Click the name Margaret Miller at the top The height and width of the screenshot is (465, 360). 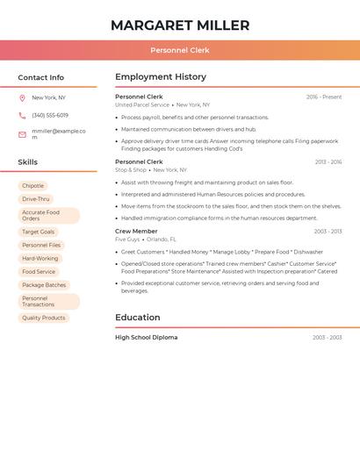coord(180,25)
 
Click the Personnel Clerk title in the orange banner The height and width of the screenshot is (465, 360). coord(180,51)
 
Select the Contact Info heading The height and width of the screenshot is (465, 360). coord(40,77)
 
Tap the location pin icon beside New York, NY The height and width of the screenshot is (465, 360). coord(22,98)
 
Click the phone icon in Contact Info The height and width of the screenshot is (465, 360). coord(22,116)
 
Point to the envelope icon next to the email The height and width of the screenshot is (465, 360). coord(22,134)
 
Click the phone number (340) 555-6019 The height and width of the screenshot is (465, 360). coord(50,116)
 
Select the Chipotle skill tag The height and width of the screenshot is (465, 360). coord(32,186)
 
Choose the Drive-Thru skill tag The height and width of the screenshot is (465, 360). coord(35,199)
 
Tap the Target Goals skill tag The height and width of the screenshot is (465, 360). coord(38,232)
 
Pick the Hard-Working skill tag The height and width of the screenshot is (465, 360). coord(40,259)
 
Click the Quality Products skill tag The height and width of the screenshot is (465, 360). coord(43,318)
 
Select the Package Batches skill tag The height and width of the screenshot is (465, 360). coord(44,285)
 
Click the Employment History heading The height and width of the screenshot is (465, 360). coord(161,77)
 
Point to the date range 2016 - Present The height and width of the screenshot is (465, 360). coord(324,97)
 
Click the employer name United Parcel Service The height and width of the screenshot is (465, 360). coord(141,104)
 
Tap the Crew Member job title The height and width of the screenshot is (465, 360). coord(136,232)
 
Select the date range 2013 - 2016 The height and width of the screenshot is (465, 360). coord(328,162)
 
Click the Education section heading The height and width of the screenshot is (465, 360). coord(138,318)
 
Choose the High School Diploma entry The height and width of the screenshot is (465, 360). coord(146,338)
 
